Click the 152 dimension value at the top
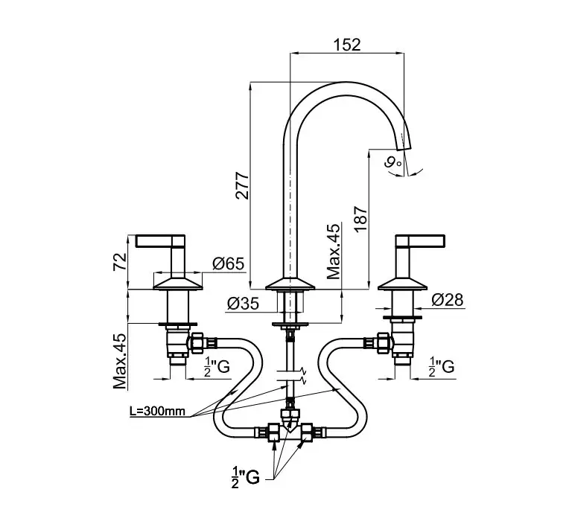point(348,45)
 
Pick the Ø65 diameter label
point(228,263)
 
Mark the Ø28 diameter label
point(447,300)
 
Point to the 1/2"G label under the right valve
point(442,366)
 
